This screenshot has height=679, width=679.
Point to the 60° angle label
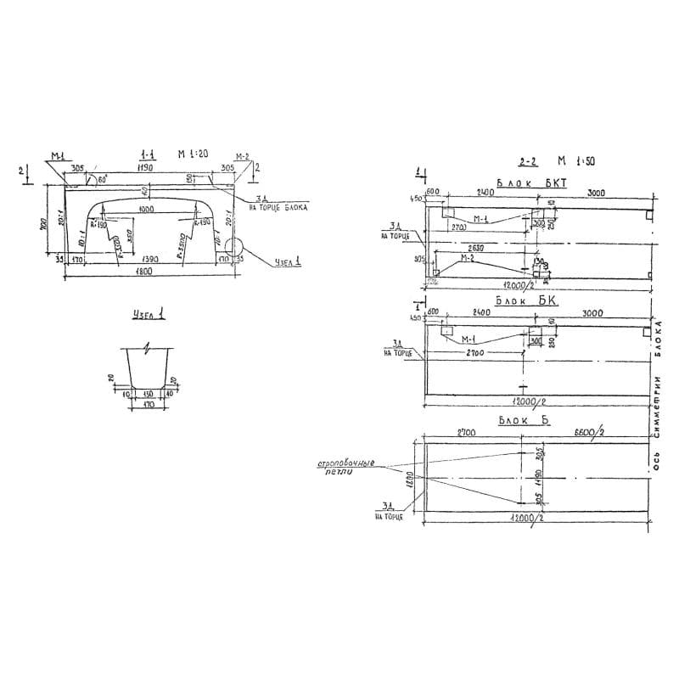[x=103, y=180]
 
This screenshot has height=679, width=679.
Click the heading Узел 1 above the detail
[x=149, y=316]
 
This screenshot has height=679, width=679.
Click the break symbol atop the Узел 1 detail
[x=149, y=347]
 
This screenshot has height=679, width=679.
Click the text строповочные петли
[x=345, y=469]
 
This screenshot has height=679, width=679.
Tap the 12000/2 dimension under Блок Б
[x=527, y=517]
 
